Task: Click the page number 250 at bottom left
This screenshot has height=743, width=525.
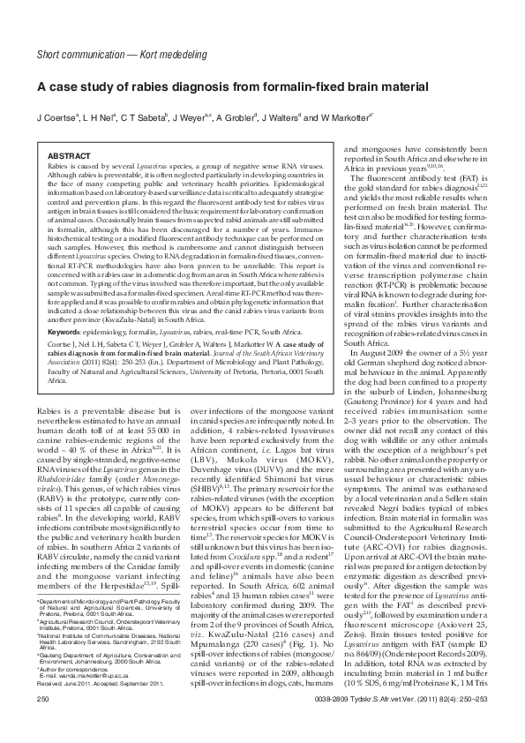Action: tap(43, 723)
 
